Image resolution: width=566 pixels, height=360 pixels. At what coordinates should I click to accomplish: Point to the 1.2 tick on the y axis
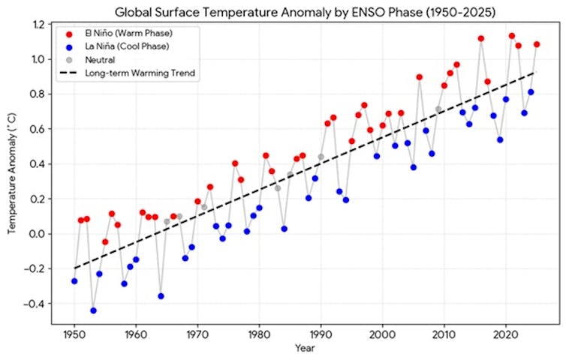[x=40, y=25]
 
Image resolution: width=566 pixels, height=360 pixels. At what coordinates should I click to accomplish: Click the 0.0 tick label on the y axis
[x=40, y=234]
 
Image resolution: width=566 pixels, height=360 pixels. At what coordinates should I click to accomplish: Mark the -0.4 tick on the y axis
[x=37, y=304]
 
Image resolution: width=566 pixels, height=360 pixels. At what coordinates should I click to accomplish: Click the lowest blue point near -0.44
[x=93, y=310]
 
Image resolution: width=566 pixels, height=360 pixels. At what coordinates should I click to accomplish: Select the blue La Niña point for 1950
[x=74, y=281]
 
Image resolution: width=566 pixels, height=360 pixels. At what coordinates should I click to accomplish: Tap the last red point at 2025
[x=537, y=44]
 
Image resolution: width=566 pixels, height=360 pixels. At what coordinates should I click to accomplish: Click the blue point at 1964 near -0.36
[x=161, y=296]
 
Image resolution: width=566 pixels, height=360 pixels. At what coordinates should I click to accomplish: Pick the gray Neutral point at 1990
[x=321, y=157]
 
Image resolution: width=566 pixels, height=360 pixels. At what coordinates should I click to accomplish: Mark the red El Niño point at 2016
[x=481, y=38]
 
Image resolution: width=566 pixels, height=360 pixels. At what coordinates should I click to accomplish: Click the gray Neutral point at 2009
[x=438, y=109]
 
